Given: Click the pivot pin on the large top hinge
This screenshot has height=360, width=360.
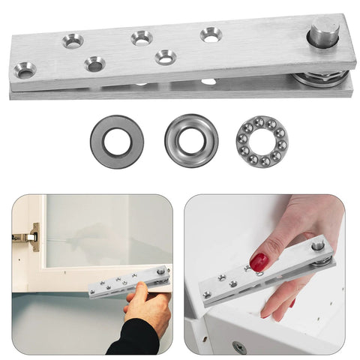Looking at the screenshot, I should coord(325,33).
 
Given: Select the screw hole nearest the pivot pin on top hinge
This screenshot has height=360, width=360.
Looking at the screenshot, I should coord(210,34).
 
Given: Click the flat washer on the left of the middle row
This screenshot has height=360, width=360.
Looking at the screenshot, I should coord(117,141).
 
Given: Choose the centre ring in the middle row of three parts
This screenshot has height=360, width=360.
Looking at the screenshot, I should coord(192,139).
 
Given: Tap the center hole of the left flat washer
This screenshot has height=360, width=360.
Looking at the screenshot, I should coord(117,141).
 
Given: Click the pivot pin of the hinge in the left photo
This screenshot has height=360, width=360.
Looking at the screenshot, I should coord(160,271).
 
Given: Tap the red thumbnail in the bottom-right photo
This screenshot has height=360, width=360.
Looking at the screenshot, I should coord(259,262).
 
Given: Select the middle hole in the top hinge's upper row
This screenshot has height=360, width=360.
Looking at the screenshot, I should coord(141,37).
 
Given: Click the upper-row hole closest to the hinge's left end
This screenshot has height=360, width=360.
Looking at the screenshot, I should coord(73,40).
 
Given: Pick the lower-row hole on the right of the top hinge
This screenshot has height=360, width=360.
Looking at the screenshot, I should coord(164,56).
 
